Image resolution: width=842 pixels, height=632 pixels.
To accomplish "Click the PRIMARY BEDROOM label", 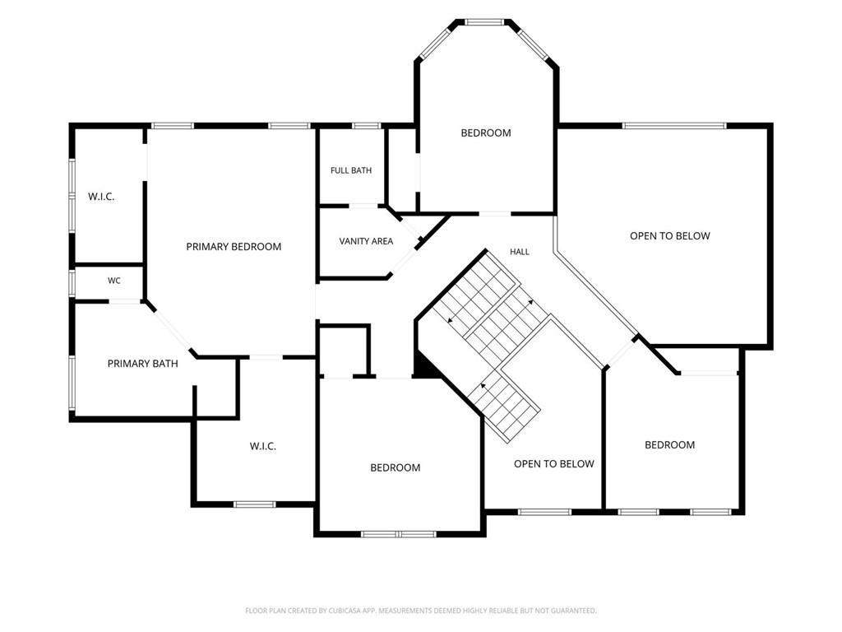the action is pos(234,247).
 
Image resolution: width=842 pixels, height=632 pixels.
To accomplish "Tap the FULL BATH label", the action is pos(351,170).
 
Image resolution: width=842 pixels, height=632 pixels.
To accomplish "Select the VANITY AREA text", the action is pos(366,241).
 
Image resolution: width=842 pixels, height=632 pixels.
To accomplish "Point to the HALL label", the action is pos(520,252).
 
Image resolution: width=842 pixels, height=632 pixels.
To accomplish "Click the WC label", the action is pos(113,281).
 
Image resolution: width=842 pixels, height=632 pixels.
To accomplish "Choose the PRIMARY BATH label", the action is pos(143,364).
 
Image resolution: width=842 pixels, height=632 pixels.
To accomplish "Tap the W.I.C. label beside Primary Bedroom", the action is pos(101,197).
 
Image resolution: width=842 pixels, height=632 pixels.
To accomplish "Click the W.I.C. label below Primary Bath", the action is pos(263,446).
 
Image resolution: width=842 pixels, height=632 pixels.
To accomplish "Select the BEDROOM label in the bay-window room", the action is pos(486,132).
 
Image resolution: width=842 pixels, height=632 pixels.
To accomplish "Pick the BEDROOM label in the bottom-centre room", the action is pos(396,467).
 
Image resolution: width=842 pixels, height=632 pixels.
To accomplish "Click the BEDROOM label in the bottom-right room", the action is pos(669,445).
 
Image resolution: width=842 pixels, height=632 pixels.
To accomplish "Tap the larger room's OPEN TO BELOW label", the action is pos(670,236).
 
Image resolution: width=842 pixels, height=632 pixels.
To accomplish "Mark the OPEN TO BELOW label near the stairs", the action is pos(554,464).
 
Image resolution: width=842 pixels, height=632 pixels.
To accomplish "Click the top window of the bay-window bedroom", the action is pos(484,22).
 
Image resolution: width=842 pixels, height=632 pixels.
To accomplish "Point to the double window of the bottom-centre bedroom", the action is pos(398,534).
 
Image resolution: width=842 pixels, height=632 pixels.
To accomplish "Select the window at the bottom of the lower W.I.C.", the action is pos(255,504).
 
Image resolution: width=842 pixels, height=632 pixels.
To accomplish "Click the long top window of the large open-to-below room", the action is pos(674,126).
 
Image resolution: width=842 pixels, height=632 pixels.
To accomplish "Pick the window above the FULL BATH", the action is pos(367,126).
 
